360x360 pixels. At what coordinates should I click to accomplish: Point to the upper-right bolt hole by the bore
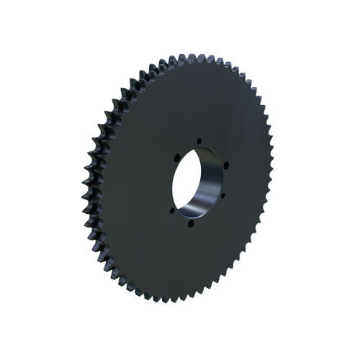(225, 165)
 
